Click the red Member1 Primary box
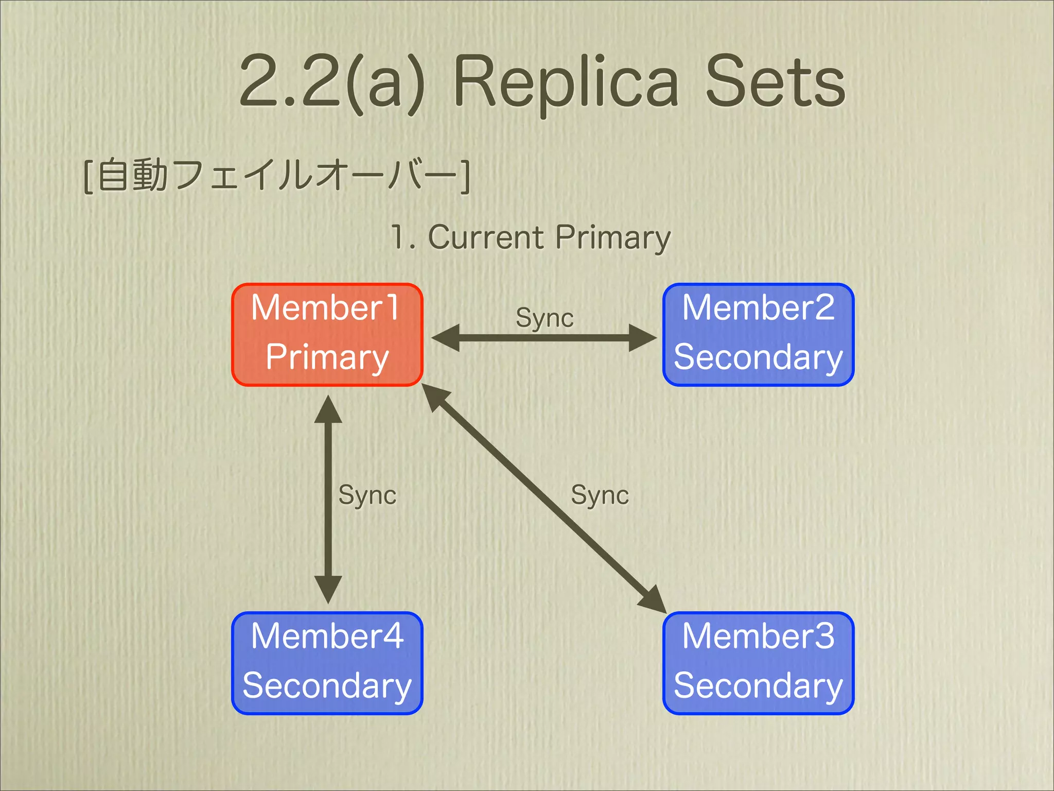pos(327,334)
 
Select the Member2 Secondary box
pos(758,334)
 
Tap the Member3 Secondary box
pos(758,663)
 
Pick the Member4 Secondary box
pos(327,663)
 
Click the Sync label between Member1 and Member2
pos(544,318)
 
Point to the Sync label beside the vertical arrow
pos(367,495)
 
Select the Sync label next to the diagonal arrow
pos(600,495)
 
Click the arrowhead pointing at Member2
pos(643,338)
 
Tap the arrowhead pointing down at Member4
pos(328,590)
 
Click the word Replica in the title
pos(566,82)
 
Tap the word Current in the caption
pos(485,237)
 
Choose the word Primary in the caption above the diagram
pos(613,238)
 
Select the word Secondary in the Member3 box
pos(758,686)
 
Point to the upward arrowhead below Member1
pos(328,409)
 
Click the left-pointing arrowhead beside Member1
pos(445,338)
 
